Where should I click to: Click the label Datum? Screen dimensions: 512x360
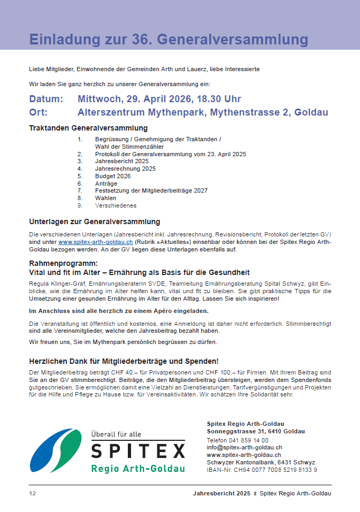point(46,99)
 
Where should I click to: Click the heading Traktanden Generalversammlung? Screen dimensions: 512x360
point(88,128)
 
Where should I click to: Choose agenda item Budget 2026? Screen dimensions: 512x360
point(113,176)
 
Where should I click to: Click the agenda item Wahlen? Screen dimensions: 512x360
point(105,198)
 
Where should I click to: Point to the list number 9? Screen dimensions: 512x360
point(80,205)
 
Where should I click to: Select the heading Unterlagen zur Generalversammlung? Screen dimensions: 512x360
point(95,221)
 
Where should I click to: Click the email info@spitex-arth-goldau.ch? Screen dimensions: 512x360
point(244,447)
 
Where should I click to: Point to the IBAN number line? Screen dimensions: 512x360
point(262,470)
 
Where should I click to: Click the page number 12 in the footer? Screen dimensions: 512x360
point(32,493)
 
